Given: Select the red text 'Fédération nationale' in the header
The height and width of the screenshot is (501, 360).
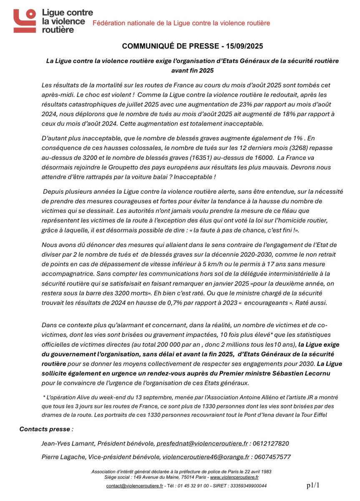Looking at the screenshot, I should coord(121,23).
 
